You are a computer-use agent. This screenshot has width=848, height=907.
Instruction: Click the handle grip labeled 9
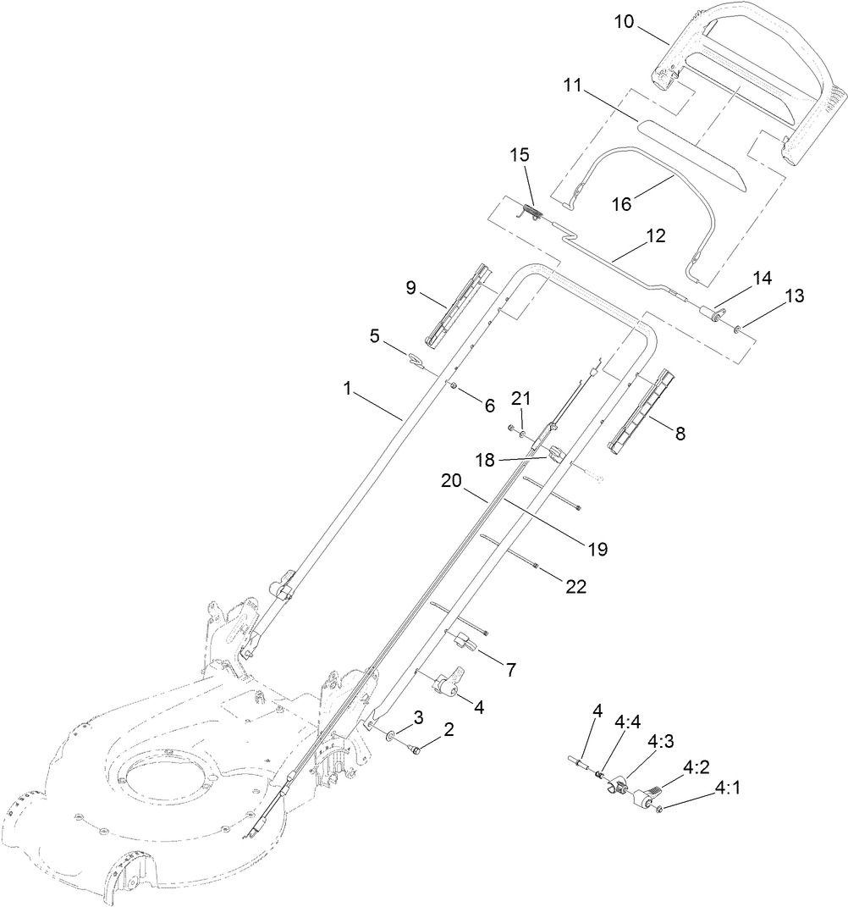click(x=459, y=306)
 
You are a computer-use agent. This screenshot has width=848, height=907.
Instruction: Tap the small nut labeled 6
click(x=454, y=387)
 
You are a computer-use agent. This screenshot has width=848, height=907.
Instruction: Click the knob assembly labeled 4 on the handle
click(x=447, y=683)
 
